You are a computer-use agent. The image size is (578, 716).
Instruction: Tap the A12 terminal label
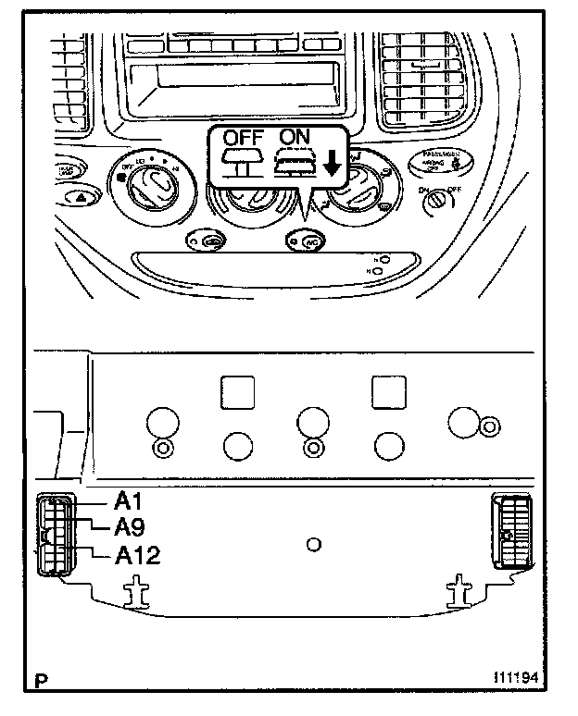pos(137,556)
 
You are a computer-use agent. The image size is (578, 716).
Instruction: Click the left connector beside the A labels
pos(55,536)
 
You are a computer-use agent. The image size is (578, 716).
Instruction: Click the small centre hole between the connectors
pos(314,546)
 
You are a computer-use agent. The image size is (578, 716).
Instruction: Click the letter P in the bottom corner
pos(40,684)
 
